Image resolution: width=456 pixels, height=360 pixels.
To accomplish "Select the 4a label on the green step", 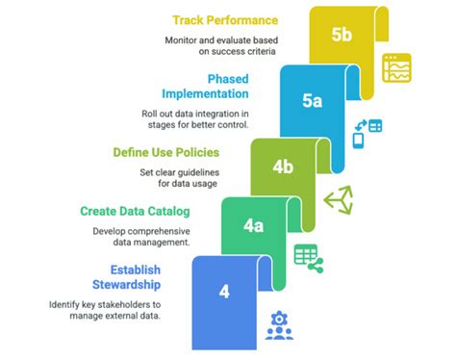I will pos(254,227).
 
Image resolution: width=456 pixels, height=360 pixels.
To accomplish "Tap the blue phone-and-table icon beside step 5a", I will pos(366,132).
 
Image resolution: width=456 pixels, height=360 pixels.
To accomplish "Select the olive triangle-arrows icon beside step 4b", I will pos(337,198).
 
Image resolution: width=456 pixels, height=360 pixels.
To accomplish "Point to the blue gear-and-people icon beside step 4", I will pos(279,325).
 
